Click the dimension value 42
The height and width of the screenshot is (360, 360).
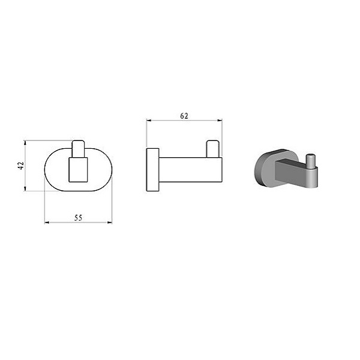[x=21, y=166]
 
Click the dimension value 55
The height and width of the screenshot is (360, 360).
[x=78, y=218]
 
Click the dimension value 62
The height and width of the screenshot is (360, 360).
[x=184, y=116]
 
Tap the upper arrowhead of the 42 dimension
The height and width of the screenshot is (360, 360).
[x=25, y=143]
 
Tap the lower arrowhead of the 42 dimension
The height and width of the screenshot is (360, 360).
[x=25, y=189]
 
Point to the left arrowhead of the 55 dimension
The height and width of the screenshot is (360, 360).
[x=47, y=223]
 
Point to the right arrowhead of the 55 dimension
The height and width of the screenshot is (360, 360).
[x=110, y=222]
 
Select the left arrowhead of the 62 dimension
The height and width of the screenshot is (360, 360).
[x=149, y=120]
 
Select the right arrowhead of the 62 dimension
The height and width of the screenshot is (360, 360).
[x=220, y=120]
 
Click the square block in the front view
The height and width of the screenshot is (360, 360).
[x=78, y=170]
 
